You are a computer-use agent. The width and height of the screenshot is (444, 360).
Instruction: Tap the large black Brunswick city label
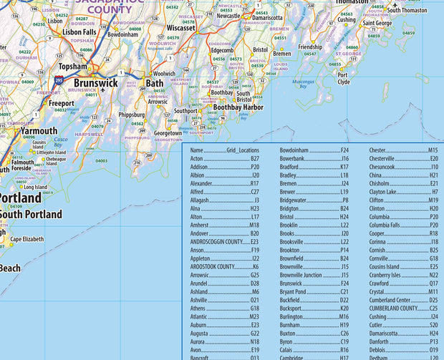(x=96, y=83)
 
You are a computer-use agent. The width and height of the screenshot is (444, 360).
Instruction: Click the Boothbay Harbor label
(x=238, y=107)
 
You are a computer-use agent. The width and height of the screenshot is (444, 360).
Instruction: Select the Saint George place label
(x=377, y=23)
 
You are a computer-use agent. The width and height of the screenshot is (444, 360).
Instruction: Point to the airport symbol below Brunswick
(x=102, y=90)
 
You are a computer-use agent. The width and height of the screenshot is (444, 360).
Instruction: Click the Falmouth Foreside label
(x=23, y=166)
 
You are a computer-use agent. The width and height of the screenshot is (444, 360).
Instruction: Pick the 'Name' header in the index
(x=197, y=151)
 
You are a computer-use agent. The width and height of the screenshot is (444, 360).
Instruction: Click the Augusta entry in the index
(x=201, y=334)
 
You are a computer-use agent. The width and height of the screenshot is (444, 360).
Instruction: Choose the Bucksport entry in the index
(x=294, y=307)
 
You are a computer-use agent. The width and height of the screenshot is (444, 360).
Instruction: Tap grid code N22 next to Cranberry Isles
(x=433, y=275)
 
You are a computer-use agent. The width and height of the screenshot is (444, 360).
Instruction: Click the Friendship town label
(x=310, y=47)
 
